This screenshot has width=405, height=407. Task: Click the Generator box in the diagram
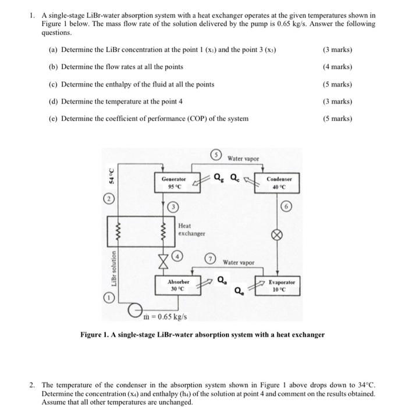coord(174,183)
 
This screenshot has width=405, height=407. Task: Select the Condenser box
coord(279,183)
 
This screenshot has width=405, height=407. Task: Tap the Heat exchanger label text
coord(191,230)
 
